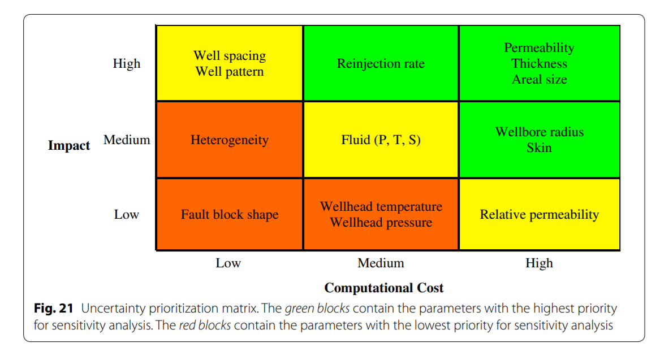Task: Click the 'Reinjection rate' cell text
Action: (381, 63)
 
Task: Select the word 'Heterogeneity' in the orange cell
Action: (230, 140)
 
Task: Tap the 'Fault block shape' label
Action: (230, 215)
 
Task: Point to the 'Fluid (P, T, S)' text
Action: (381, 140)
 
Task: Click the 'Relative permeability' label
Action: (539, 215)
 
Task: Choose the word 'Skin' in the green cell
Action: (539, 148)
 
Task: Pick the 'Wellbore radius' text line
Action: (539, 132)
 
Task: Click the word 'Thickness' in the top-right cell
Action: (539, 63)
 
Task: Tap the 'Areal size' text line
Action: (539, 80)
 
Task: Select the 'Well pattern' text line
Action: (230, 72)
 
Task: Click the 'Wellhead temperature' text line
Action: (381, 206)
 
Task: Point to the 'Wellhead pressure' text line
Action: (381, 223)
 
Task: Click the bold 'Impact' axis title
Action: (69, 145)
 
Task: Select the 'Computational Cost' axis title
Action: (384, 288)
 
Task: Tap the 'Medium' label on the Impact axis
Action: (127, 140)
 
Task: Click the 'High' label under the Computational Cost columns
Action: (539, 263)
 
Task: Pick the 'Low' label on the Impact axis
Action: (126, 215)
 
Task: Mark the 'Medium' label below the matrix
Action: (381, 263)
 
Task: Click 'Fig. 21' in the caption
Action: (54, 308)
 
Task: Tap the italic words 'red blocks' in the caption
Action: (205, 325)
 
